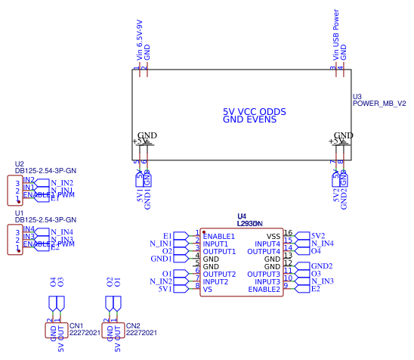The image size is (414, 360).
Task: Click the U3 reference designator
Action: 357,97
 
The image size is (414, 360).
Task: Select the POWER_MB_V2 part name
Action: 379,104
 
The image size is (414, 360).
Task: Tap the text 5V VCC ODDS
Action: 254,111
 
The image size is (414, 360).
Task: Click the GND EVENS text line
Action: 249,119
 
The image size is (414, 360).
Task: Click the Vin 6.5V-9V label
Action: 139,39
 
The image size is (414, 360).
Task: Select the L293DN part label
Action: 249,224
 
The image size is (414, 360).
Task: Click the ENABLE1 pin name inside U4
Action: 219,236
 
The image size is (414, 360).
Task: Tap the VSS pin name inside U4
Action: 273,236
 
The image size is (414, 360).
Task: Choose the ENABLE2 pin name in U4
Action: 265,289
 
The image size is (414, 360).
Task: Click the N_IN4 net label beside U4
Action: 322,244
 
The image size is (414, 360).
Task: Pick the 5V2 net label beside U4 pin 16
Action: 318,236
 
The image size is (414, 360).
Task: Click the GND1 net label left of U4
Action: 161,259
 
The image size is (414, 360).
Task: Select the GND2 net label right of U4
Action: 322,266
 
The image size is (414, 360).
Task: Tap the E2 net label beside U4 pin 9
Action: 316,289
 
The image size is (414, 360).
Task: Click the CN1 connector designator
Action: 76,325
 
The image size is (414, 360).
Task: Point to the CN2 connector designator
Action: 133,325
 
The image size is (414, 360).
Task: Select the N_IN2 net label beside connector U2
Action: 61,183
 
